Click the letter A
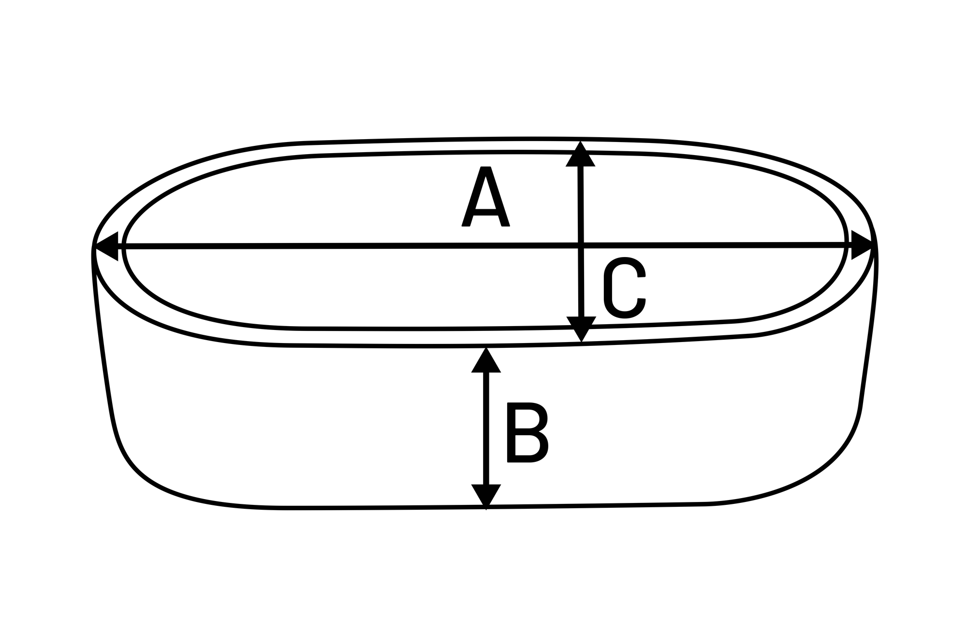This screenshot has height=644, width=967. point(485,197)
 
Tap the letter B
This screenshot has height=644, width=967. point(527,432)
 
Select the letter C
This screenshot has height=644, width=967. point(625,288)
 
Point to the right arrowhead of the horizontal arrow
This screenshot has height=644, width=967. point(862,245)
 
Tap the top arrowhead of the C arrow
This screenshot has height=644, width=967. point(580,156)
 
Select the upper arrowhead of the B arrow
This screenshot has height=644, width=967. point(486,361)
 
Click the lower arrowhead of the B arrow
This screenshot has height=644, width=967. point(486,495)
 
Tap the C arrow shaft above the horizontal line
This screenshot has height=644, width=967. point(580,203)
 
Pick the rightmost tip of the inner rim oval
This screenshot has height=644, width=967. point(847,242)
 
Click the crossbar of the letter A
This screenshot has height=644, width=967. point(486,211)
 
